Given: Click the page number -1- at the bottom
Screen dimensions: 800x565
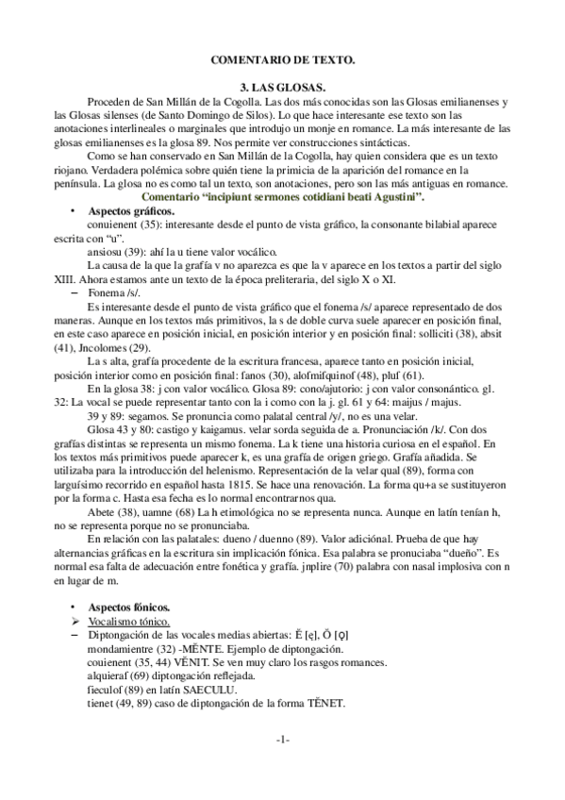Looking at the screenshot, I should point(282,739).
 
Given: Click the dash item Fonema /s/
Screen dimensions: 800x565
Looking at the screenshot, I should point(110,293).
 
